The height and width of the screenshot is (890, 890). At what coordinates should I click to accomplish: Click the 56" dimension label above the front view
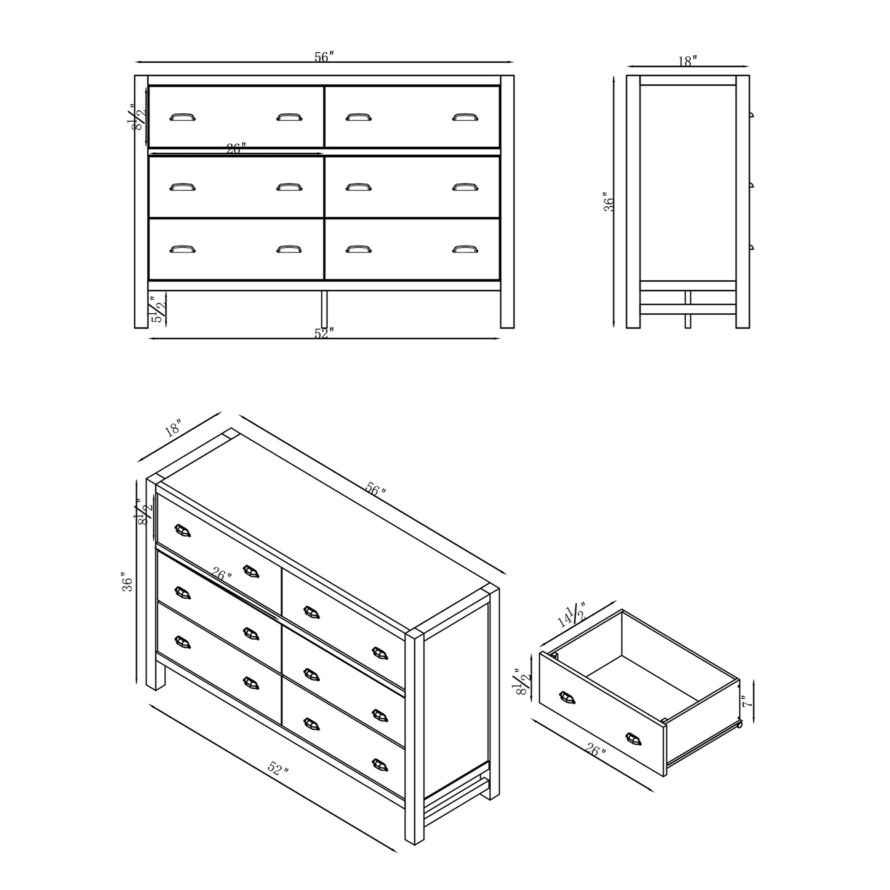(x=324, y=57)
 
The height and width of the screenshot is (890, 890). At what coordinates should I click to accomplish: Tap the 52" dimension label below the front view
(x=324, y=333)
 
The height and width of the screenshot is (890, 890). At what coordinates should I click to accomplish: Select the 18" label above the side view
(x=687, y=61)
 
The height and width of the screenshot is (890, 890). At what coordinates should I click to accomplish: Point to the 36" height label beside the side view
(x=609, y=202)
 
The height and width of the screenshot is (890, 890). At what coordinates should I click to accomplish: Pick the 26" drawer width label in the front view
(x=236, y=148)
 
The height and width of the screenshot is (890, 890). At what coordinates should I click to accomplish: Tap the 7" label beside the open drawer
(x=747, y=701)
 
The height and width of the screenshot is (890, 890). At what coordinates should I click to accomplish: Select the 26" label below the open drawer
(x=596, y=751)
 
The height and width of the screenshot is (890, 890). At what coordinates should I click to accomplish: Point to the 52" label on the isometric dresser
(x=278, y=769)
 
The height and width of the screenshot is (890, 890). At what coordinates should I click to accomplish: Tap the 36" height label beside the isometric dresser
(x=127, y=582)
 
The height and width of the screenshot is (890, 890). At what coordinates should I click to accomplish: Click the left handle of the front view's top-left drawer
(x=183, y=117)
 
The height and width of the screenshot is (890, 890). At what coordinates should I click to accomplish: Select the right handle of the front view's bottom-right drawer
(x=465, y=249)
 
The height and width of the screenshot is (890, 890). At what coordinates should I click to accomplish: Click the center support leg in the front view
(x=324, y=309)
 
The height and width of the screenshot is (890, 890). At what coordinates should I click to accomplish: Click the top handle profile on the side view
(x=751, y=115)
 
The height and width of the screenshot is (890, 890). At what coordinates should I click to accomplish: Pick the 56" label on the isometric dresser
(x=375, y=489)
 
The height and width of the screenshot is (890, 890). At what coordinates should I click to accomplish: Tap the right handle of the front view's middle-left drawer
(x=289, y=187)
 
